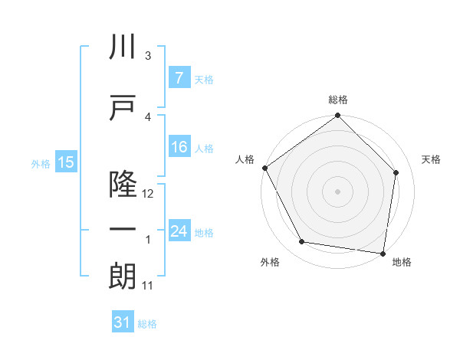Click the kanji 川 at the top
tap(123, 47)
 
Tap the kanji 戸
tap(123, 107)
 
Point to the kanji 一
tap(123, 231)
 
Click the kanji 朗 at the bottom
tap(123, 277)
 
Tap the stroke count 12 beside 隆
tap(149, 194)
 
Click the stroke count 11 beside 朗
tap(149, 286)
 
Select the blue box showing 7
tap(179, 78)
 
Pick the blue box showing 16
tap(179, 148)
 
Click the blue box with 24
tap(179, 231)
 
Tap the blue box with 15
tap(65, 162)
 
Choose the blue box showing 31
tap(122, 322)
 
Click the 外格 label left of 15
tap(41, 163)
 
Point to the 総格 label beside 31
tap(147, 324)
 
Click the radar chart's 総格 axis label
tap(337, 100)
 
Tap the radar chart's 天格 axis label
tap(431, 159)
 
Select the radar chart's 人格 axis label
tap(245, 159)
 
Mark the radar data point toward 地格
tap(383, 253)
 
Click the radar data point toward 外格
tap(302, 242)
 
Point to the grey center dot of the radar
tap(337, 191)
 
